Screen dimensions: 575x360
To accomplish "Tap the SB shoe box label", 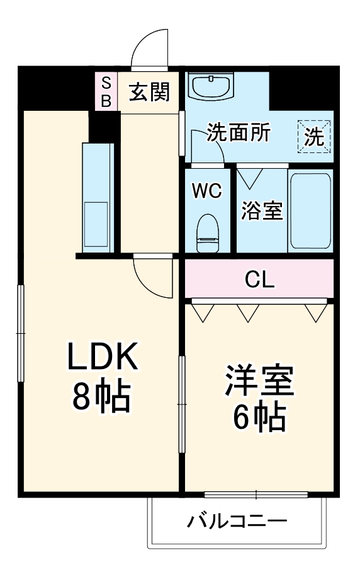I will tap(106, 91).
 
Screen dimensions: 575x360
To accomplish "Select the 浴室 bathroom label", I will tap(262, 211).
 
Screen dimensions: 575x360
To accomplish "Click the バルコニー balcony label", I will tap(237, 521).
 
